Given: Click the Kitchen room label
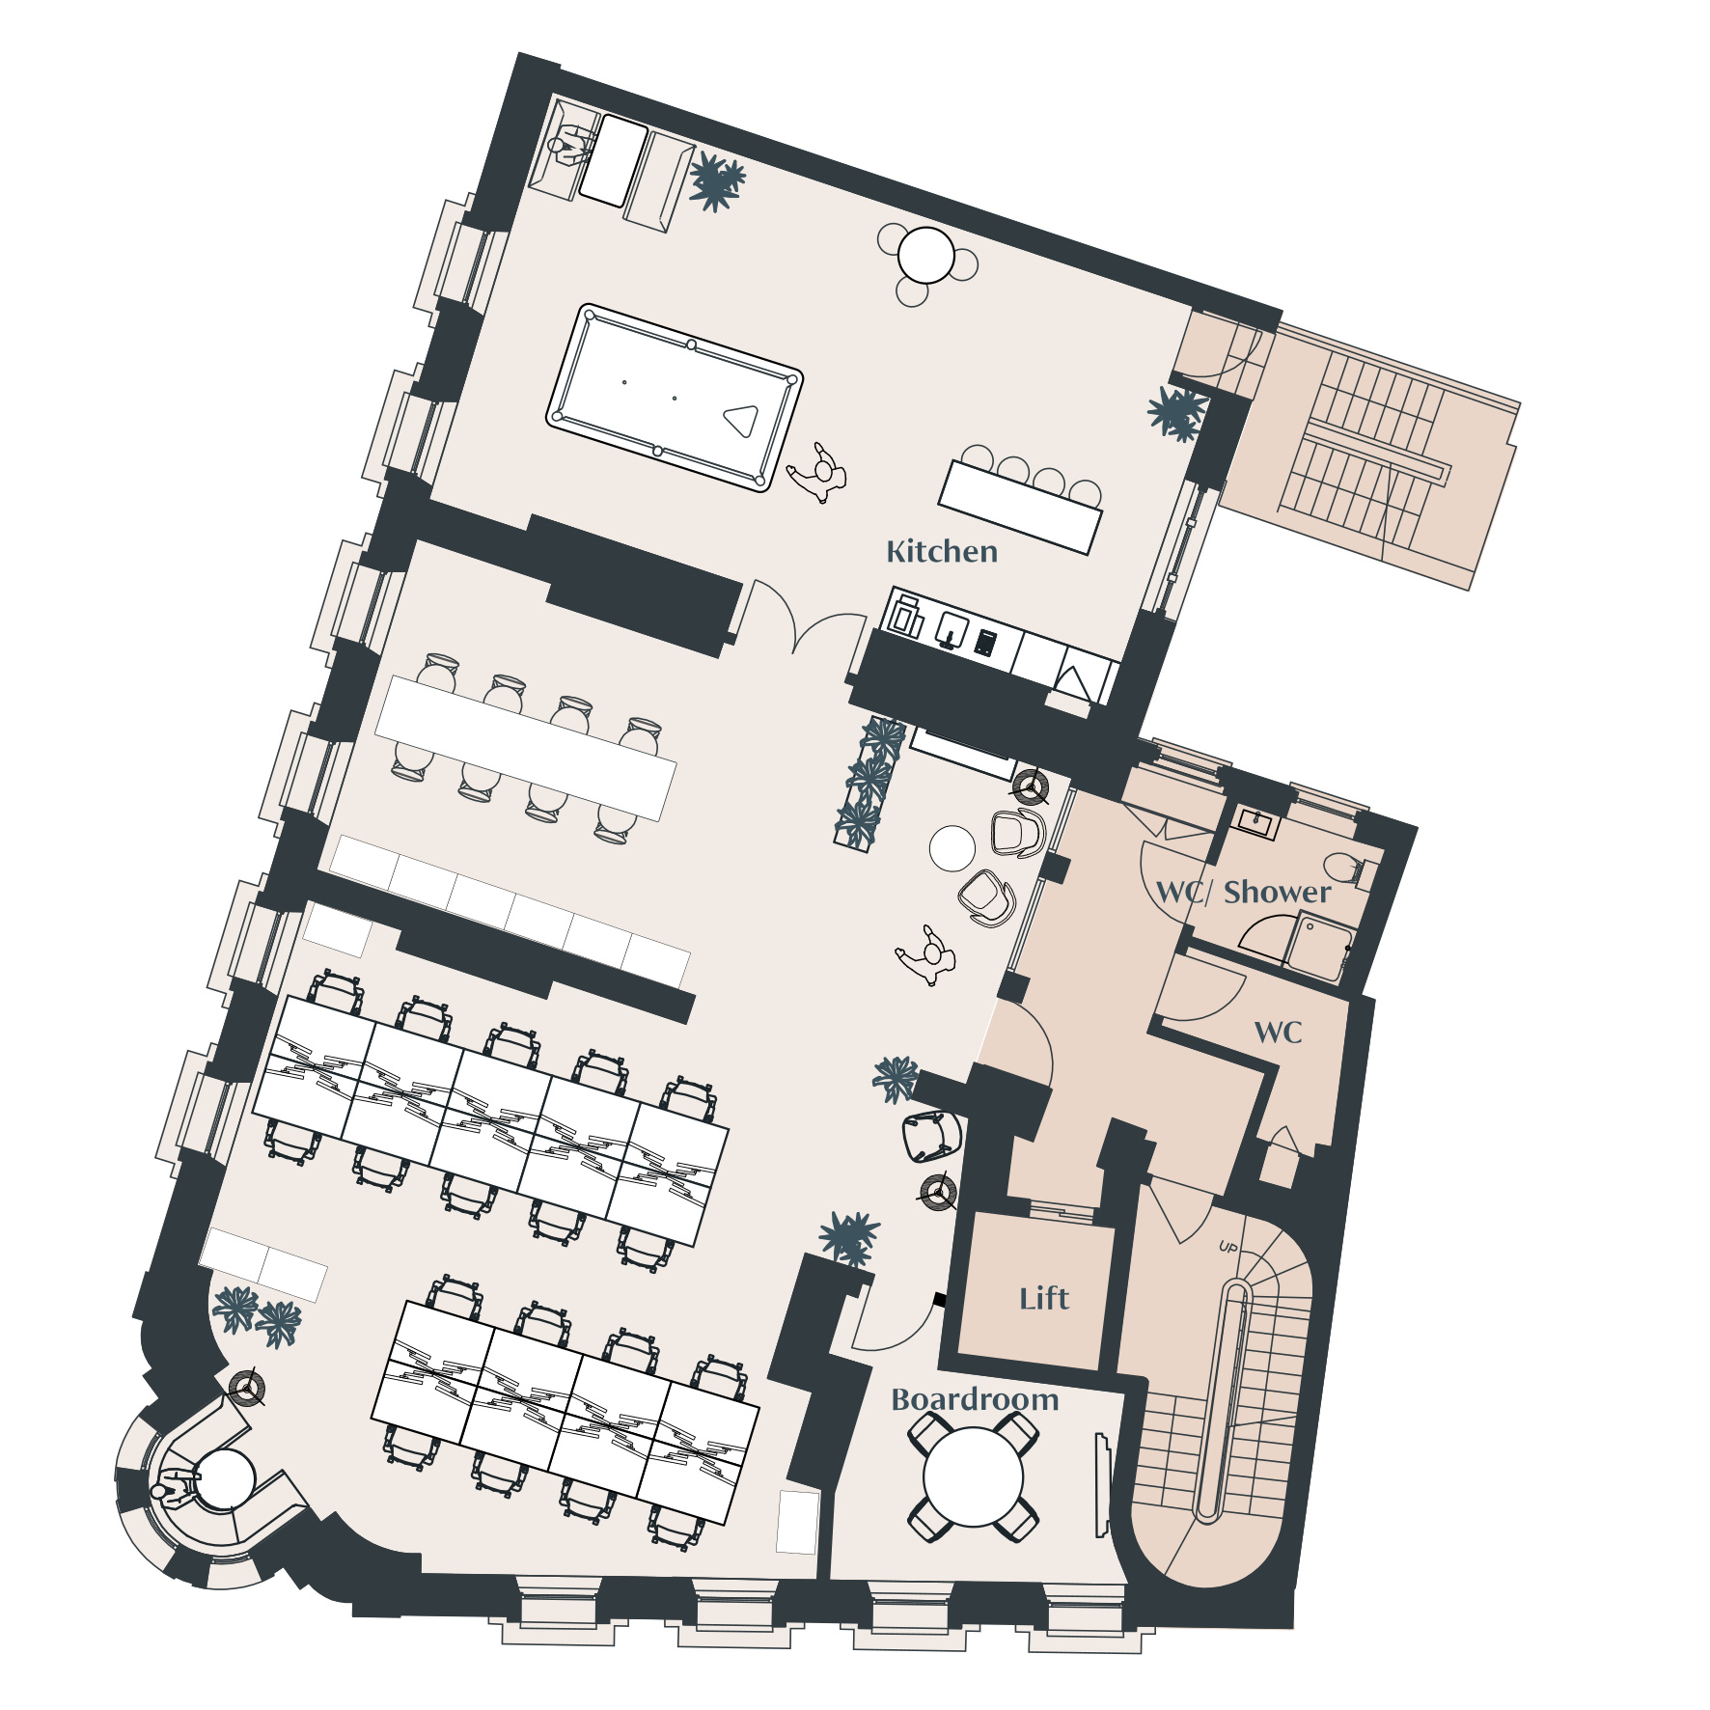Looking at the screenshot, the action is click(x=942, y=552).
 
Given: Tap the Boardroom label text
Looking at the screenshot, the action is click(x=975, y=1399).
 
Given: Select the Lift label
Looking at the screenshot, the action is click(x=1044, y=1298).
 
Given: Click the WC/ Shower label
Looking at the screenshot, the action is click(x=1244, y=892).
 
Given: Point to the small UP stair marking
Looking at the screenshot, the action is click(x=1228, y=1248).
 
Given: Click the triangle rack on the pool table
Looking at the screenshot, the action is click(x=741, y=421).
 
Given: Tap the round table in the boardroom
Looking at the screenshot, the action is click(x=973, y=1477).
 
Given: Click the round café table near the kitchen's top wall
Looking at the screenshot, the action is click(x=926, y=256).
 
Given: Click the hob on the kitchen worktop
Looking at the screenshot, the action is click(x=985, y=642).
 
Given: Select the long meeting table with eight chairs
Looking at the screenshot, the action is click(x=526, y=748).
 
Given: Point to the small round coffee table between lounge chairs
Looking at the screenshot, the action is click(x=952, y=848).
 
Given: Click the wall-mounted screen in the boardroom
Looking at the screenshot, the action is click(x=1101, y=1485).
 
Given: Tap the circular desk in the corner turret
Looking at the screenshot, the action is click(x=224, y=1478).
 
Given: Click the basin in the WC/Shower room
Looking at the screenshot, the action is click(x=1256, y=823).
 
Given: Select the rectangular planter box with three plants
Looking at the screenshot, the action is click(x=869, y=784).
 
